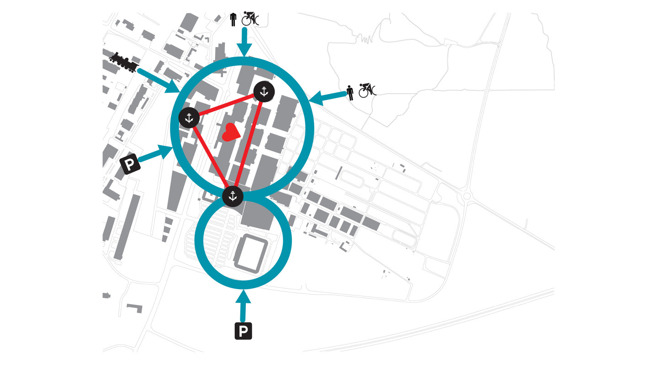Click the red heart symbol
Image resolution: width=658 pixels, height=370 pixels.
(x=230, y=132)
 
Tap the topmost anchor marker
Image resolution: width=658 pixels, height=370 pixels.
(x=263, y=92)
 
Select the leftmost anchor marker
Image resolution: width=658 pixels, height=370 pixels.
(x=189, y=117)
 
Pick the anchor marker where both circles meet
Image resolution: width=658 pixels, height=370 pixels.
(x=233, y=196)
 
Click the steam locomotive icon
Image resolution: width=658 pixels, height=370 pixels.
(x=124, y=62)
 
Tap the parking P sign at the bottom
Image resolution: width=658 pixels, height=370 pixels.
(x=244, y=331)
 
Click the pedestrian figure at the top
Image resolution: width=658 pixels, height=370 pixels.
(x=233, y=19)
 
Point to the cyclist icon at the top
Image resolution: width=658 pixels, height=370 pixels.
(x=250, y=18)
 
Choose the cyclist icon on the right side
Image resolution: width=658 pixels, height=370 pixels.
(x=366, y=90)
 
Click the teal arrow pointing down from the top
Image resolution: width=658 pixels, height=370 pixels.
(x=244, y=42)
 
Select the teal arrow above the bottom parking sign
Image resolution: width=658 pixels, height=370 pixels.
(x=243, y=306)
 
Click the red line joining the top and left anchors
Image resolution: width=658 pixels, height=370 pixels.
(x=226, y=105)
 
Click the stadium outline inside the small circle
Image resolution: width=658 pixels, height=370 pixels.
(x=249, y=254)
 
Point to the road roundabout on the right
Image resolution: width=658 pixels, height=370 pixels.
(x=467, y=196)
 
